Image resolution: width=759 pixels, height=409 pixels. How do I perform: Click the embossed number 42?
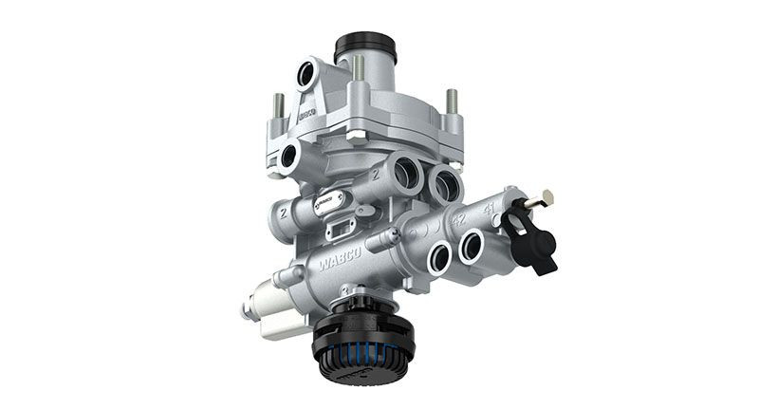pyautogui.click(x=458, y=216)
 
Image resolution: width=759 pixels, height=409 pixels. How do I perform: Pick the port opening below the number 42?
pyautogui.click(x=439, y=255)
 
